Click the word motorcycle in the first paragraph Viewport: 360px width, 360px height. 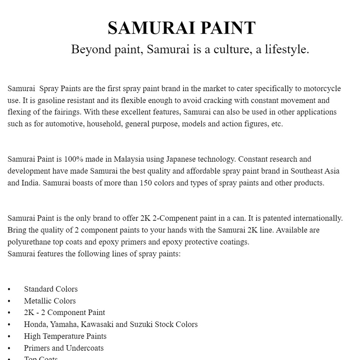click(x=322, y=89)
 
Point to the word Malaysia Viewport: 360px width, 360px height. click(x=129, y=159)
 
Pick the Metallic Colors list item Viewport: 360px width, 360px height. click(x=50, y=301)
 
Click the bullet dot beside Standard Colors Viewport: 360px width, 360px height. click(x=9, y=289)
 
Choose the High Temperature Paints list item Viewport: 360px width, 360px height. click(x=65, y=336)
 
